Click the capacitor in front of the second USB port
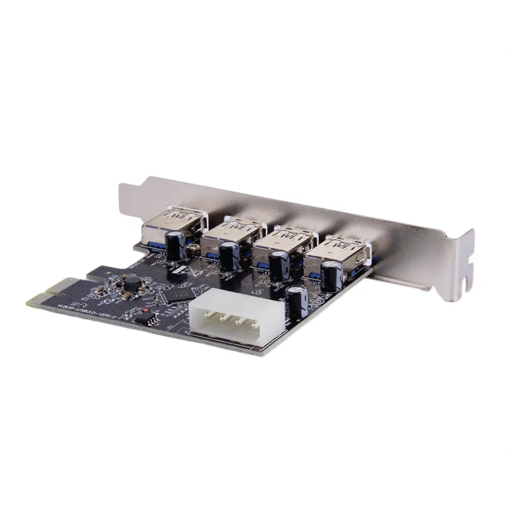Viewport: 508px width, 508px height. point(229,255)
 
